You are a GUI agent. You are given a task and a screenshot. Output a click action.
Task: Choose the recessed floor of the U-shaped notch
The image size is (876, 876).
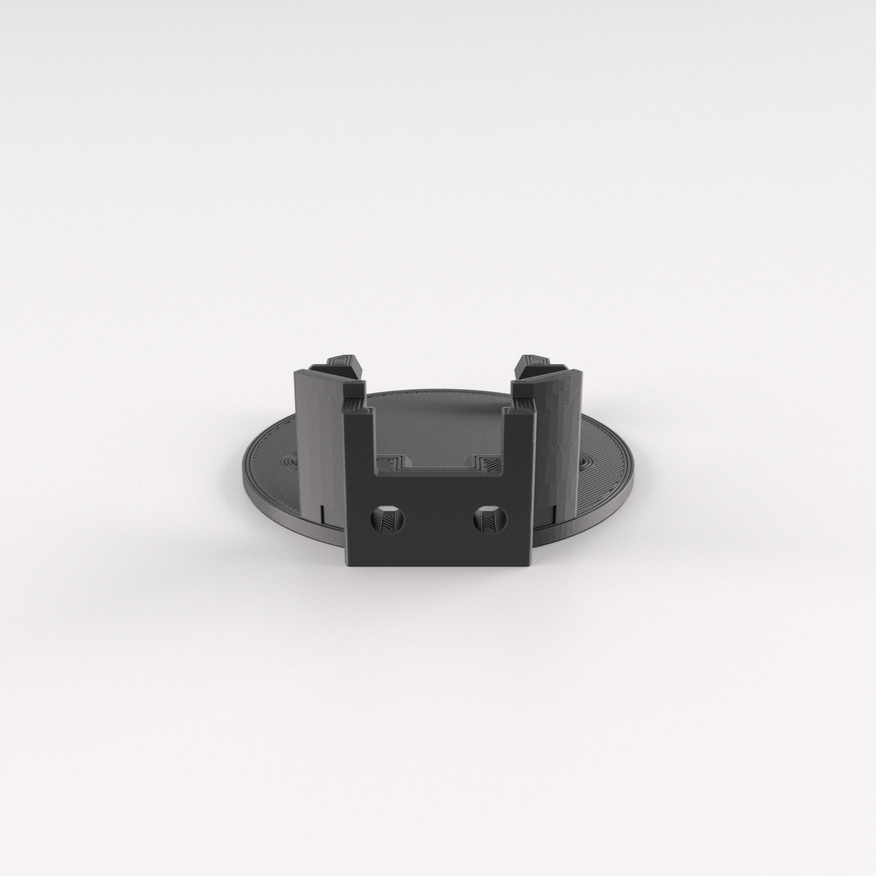tap(438, 466)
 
